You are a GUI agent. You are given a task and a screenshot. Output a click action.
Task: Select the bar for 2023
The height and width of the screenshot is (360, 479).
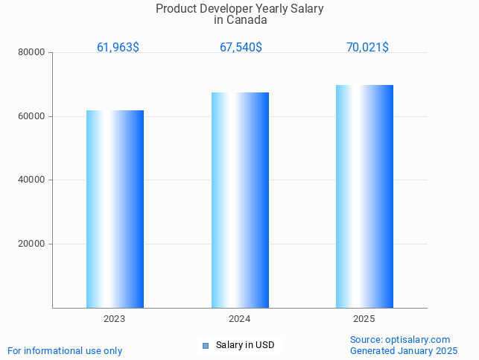coord(115,209)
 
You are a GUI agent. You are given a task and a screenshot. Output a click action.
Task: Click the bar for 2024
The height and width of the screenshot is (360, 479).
coord(240,200)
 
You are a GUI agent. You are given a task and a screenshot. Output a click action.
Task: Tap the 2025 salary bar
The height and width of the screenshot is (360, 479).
coord(364,196)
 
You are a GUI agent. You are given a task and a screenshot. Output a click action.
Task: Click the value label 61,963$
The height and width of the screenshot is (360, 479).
coord(118,47)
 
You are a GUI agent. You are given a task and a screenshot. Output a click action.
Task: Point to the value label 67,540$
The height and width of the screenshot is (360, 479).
coord(241,47)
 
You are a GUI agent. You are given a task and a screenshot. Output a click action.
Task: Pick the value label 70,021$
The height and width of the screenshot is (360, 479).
coord(367,47)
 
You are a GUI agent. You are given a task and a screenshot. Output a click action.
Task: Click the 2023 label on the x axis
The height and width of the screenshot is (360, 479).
coord(115,319)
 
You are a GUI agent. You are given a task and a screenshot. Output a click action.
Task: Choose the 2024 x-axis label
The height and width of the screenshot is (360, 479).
coord(240,319)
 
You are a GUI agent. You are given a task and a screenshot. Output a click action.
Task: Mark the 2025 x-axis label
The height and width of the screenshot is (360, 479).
coord(364,319)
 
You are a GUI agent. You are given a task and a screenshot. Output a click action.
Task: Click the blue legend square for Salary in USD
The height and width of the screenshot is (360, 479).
coord(206,345)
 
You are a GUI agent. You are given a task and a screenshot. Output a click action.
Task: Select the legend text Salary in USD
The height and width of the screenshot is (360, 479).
coord(245,345)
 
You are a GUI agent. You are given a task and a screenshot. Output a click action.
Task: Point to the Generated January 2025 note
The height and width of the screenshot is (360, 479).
coord(403,350)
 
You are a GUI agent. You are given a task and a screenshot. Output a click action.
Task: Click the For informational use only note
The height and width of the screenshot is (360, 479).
coord(65,350)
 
